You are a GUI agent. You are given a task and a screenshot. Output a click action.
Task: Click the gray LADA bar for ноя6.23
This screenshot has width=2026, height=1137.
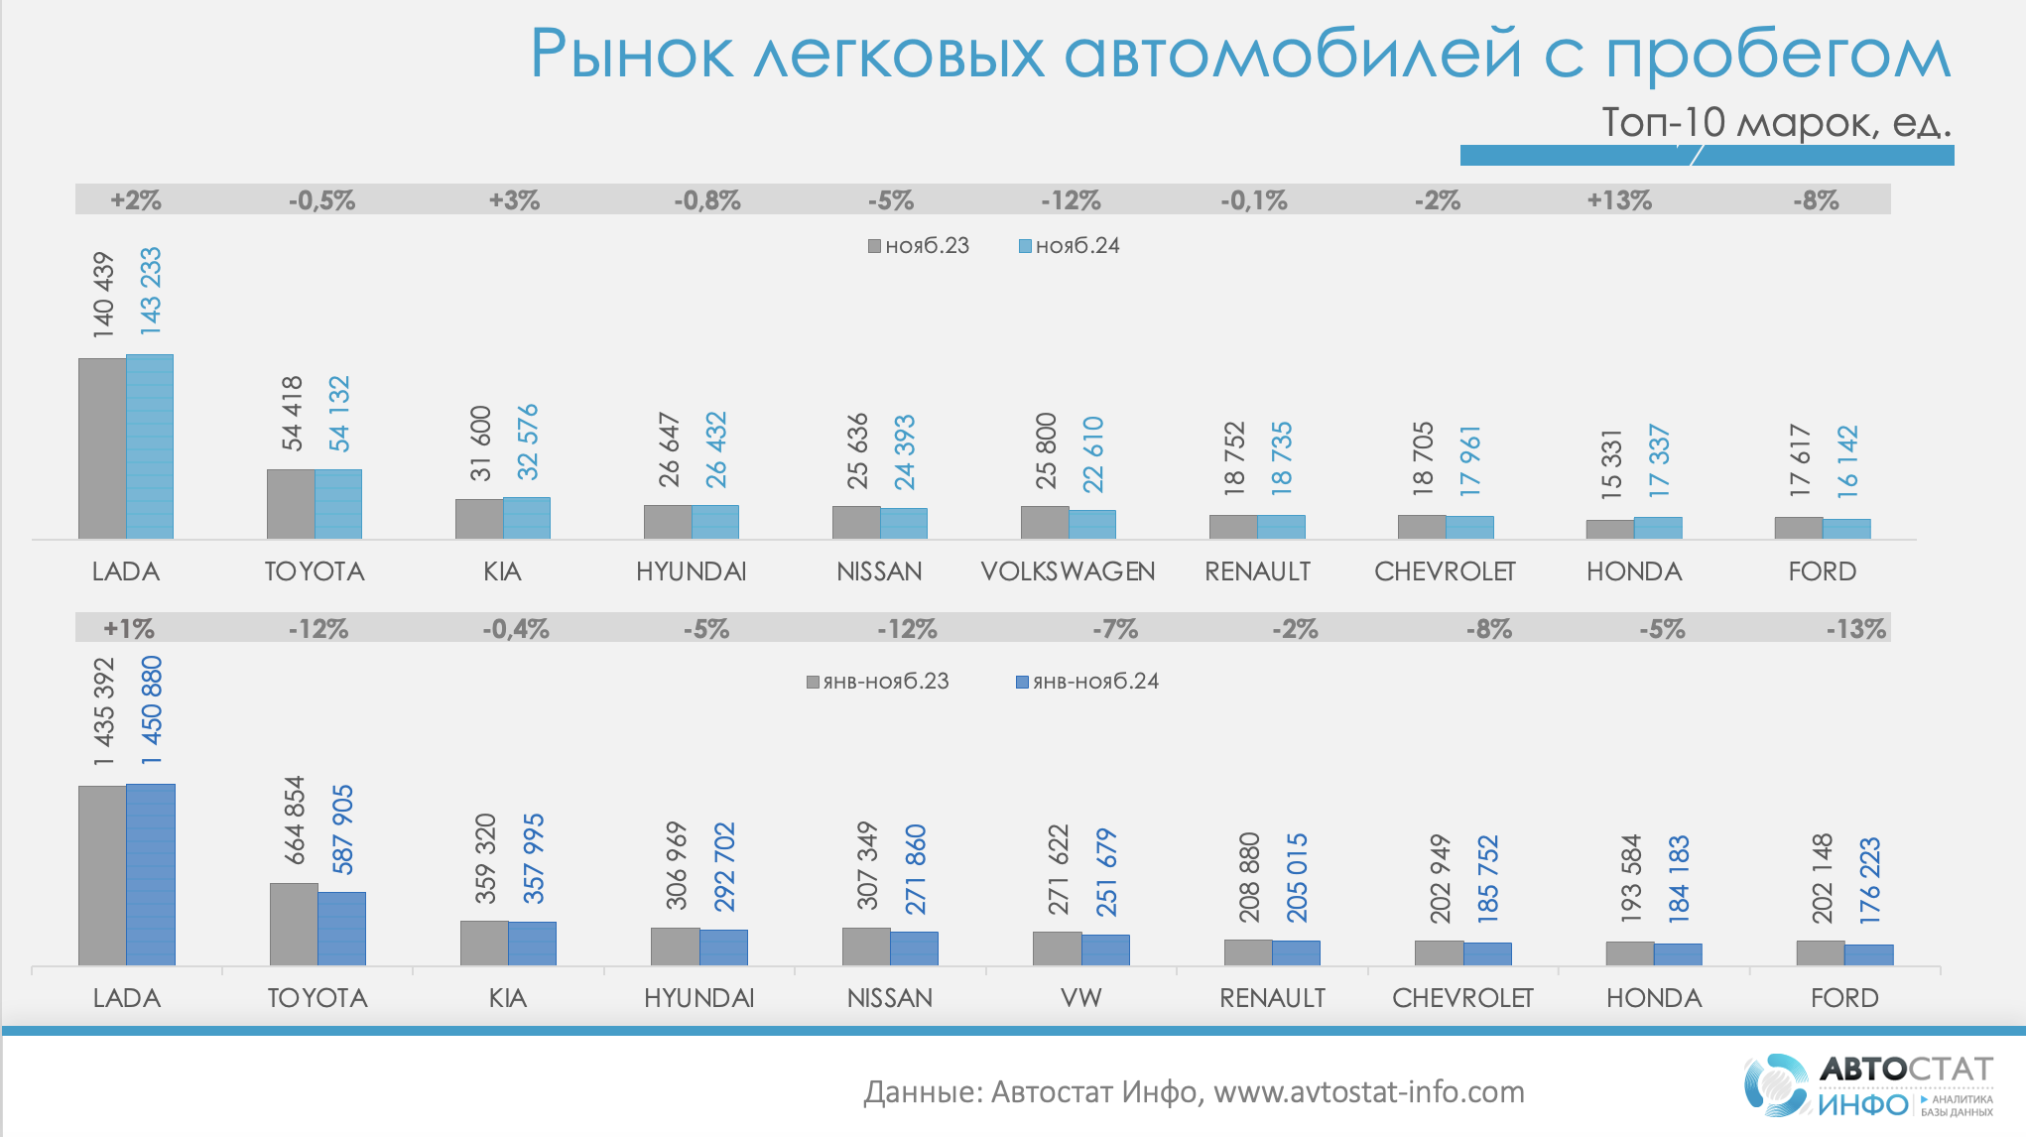(x=102, y=448)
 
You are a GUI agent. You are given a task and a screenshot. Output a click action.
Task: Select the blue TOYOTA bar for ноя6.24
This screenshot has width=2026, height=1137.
(x=338, y=504)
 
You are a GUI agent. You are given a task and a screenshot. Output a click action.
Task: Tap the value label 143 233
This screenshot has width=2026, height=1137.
(x=150, y=291)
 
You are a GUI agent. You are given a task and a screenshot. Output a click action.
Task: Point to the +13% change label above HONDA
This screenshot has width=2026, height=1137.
(x=1619, y=200)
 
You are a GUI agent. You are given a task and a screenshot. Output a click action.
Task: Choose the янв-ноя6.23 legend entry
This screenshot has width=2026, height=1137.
(x=878, y=682)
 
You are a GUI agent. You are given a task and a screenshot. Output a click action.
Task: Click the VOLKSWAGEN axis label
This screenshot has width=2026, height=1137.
(x=1068, y=571)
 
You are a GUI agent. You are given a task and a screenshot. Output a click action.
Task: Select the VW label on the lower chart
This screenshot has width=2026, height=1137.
(x=1080, y=998)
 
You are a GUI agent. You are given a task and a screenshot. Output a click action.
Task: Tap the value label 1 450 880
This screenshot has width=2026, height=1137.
(x=151, y=710)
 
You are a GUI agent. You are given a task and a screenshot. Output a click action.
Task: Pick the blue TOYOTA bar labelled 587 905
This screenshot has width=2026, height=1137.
(x=341, y=929)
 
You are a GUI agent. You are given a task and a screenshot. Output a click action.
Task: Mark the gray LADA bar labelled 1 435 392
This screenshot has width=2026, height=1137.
(x=102, y=875)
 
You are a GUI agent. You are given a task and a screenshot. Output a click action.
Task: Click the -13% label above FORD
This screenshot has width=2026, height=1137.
(x=1855, y=629)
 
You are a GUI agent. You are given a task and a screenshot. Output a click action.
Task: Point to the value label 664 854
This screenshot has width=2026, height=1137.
(x=295, y=821)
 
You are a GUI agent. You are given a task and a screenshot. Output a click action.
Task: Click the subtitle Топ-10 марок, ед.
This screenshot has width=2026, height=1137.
(x=1776, y=122)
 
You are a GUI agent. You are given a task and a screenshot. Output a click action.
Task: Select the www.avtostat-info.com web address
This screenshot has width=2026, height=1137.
(x=1369, y=1092)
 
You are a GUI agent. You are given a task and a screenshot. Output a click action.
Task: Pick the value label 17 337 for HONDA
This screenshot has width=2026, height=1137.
(x=1659, y=461)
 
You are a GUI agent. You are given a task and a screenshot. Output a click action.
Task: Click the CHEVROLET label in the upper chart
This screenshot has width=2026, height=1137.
(x=1445, y=571)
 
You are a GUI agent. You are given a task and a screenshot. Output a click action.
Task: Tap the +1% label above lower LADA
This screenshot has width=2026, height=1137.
(x=129, y=629)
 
